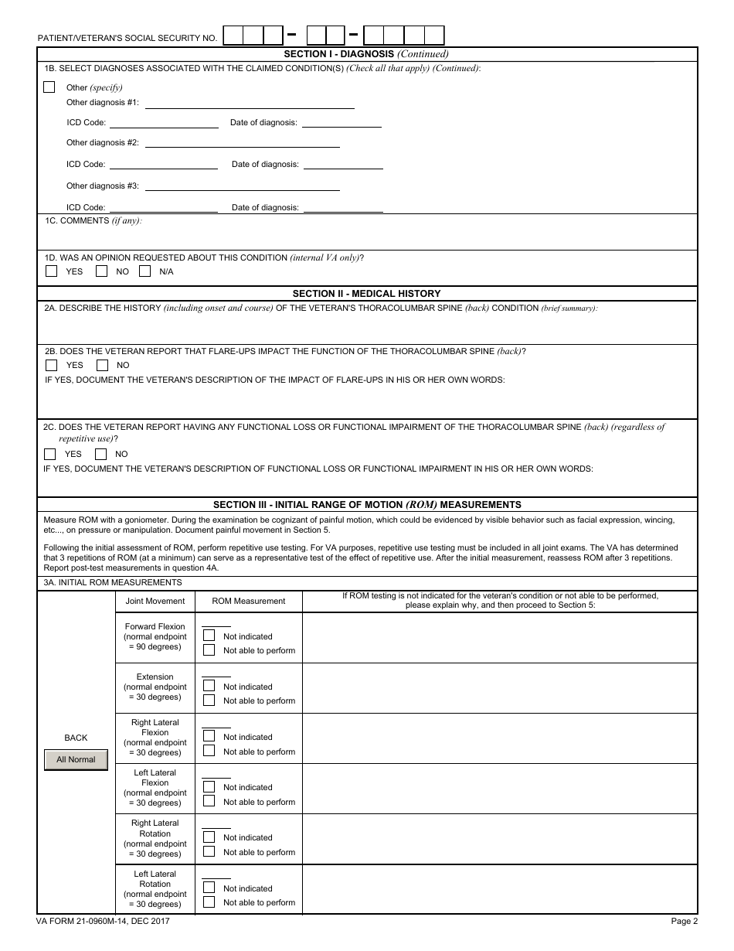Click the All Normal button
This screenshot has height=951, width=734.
(x=76, y=759)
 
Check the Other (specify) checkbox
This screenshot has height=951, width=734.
(x=49, y=87)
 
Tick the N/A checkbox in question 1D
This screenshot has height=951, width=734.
(x=145, y=271)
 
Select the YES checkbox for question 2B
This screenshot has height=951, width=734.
(x=52, y=365)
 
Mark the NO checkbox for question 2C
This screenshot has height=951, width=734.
(x=101, y=454)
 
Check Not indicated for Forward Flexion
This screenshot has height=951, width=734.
(x=209, y=636)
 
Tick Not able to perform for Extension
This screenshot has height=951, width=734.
(x=209, y=700)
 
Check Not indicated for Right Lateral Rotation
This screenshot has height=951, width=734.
(x=209, y=837)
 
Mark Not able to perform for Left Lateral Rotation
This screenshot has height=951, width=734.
(x=209, y=902)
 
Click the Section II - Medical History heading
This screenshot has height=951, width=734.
(x=366, y=294)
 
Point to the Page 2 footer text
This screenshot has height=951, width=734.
(x=684, y=921)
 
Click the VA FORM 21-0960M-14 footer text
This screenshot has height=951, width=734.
(x=103, y=921)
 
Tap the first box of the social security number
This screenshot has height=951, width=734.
(x=233, y=36)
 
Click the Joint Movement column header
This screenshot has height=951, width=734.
(x=155, y=601)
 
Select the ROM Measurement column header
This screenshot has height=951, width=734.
(x=248, y=601)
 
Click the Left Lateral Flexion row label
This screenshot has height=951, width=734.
(x=155, y=787)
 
